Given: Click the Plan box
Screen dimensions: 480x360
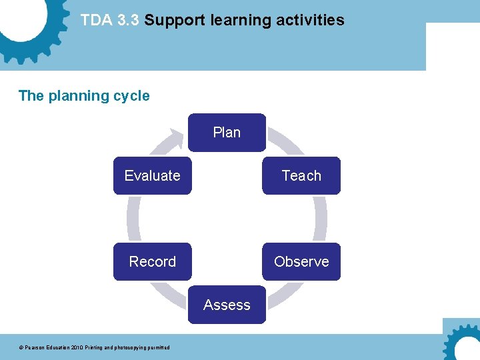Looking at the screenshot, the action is click(227, 133).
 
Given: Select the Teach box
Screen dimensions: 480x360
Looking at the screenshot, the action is click(301, 176).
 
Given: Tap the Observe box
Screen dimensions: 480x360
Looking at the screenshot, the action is click(301, 261).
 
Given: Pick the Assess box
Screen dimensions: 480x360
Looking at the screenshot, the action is click(227, 305).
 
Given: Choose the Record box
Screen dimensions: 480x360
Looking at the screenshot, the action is click(152, 261).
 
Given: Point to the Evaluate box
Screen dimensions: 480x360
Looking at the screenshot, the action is click(152, 176).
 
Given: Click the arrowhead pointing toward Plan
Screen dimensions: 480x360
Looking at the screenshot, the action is click(177, 138).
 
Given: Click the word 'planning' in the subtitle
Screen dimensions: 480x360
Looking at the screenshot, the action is click(82, 96).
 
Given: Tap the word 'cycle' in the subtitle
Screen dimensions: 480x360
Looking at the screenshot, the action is click(132, 96).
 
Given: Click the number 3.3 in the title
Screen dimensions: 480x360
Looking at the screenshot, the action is click(128, 21).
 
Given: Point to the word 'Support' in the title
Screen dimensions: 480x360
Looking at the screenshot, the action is click(175, 21).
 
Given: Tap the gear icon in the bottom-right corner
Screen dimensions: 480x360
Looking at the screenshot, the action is click(463, 343).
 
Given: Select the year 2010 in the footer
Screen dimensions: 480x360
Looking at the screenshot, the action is click(79, 347).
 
